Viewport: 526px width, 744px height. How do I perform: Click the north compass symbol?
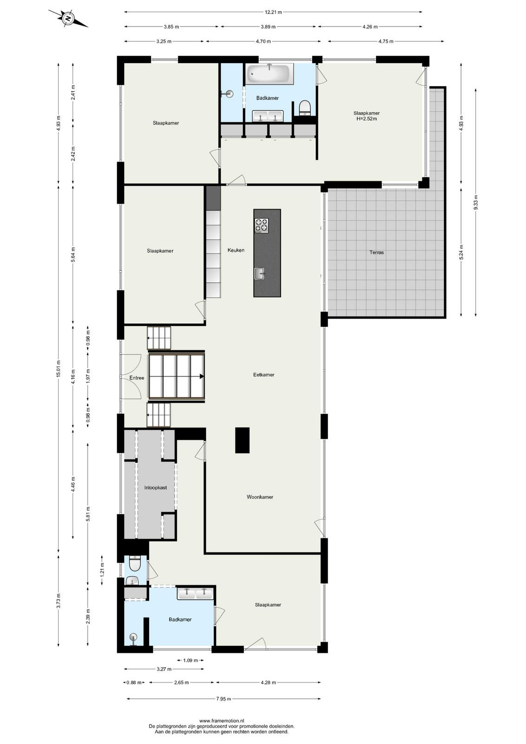coord(68,19)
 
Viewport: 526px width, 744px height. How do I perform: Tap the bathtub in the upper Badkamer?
coord(270,73)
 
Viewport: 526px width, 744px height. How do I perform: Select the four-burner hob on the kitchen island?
coord(261,226)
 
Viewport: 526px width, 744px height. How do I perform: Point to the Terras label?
coord(377,252)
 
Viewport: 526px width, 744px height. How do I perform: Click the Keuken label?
coord(236,250)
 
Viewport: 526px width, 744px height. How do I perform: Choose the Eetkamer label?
coord(264,375)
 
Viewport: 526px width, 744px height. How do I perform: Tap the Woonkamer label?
coord(260,497)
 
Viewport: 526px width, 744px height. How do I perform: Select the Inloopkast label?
coord(156,488)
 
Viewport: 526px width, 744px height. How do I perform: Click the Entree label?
coord(137,378)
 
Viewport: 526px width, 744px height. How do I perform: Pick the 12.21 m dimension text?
coord(273,12)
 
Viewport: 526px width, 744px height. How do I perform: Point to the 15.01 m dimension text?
coord(59,368)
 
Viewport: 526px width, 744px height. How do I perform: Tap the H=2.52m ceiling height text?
coord(366,118)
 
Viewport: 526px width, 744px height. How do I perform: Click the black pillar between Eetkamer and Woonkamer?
coord(242,440)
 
